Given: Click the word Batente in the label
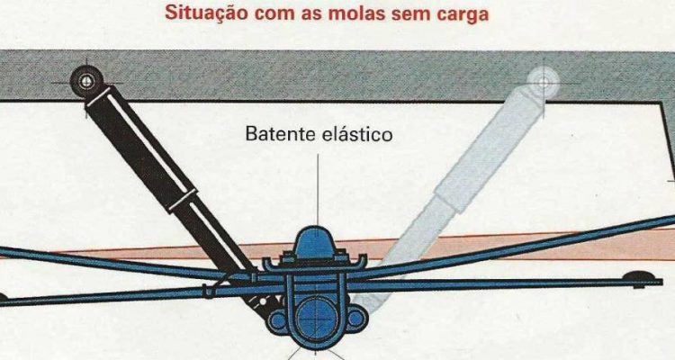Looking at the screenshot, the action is pyautogui.click(x=280, y=134).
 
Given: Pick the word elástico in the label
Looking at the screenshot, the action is pyautogui.click(x=357, y=134).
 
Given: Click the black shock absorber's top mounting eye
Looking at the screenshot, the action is pyautogui.click(x=86, y=81).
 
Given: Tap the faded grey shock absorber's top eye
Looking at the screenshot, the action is pyautogui.click(x=544, y=82).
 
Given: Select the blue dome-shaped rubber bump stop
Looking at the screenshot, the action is pyautogui.click(x=317, y=243).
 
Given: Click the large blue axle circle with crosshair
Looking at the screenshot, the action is pyautogui.click(x=317, y=320).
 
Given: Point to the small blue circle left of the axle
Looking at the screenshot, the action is pyautogui.click(x=278, y=319).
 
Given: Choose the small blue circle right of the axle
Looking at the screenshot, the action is pyautogui.click(x=355, y=319).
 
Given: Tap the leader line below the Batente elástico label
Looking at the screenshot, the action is pyautogui.click(x=318, y=190).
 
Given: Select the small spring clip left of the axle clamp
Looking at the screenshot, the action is pyautogui.click(x=210, y=290).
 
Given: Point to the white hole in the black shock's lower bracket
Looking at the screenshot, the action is pyautogui.click(x=262, y=303).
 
